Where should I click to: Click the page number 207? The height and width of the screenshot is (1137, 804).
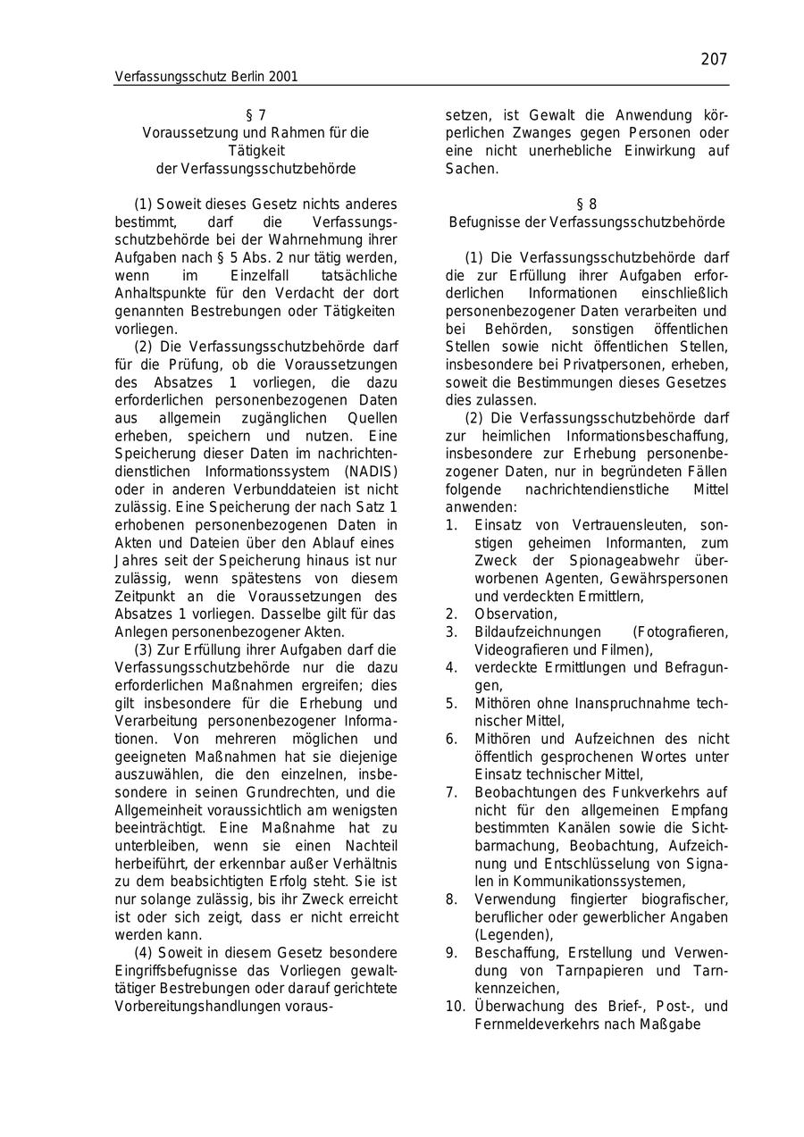(x=714, y=59)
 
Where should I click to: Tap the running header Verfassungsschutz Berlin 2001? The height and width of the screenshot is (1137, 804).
(x=206, y=77)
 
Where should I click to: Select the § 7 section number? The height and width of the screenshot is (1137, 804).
(x=255, y=115)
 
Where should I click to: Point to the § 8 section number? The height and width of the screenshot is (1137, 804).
(x=587, y=205)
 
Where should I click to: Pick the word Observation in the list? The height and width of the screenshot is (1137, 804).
(x=515, y=614)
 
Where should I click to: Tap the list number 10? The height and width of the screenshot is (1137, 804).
(x=455, y=1007)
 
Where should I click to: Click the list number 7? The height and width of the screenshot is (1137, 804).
(x=451, y=792)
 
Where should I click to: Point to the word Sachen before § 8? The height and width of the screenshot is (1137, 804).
(x=470, y=169)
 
